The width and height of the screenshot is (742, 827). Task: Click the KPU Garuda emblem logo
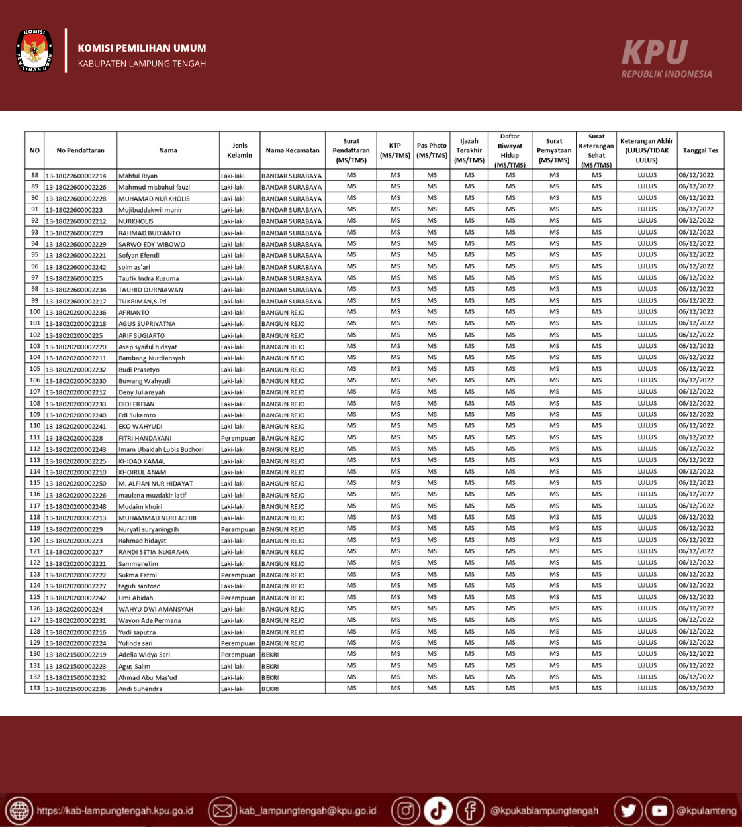[34, 50]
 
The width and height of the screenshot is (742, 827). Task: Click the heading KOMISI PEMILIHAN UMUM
[142, 48]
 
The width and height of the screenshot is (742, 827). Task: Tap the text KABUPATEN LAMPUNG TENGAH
[142, 64]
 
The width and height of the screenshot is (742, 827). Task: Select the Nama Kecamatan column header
[293, 150]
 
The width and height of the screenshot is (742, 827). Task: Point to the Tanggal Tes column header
[700, 150]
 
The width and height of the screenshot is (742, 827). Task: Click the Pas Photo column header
[432, 150]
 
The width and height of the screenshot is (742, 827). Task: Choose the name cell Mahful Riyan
[138, 176]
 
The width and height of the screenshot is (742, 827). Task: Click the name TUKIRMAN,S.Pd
[142, 302]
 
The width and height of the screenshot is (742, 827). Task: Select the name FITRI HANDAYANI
[145, 438]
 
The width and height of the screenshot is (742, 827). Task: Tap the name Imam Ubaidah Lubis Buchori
[161, 449]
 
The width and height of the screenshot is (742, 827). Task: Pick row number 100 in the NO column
[35, 312]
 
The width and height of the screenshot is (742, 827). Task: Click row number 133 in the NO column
[35, 689]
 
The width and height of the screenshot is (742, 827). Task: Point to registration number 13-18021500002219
[75, 655]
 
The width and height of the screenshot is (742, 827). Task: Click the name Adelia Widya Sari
[144, 655]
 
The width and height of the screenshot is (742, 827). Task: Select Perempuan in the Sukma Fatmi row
[238, 575]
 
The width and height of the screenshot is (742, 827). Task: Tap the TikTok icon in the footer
[438, 810]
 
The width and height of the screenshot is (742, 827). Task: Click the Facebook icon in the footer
[470, 810]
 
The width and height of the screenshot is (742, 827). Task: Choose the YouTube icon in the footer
[659, 810]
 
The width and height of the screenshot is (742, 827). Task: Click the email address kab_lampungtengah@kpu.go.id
[307, 811]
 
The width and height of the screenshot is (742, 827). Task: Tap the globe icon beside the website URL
[19, 811]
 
